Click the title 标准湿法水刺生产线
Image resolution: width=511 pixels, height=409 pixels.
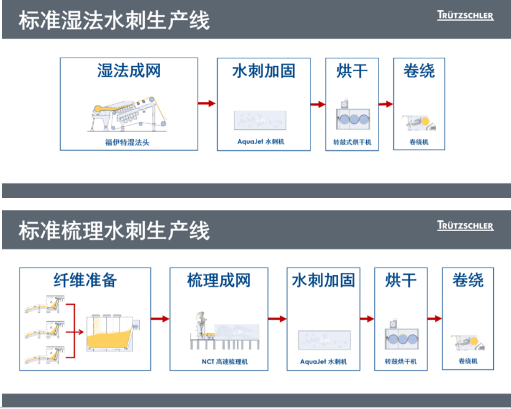pyautogui.click(x=114, y=20)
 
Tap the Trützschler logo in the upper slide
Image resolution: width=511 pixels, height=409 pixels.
pyautogui.click(x=465, y=16)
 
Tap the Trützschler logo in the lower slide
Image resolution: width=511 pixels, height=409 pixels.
pyautogui.click(x=465, y=226)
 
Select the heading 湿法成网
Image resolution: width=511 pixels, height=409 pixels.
pyautogui.click(x=129, y=71)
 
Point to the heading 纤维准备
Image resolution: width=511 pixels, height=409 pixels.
pyautogui.click(x=85, y=280)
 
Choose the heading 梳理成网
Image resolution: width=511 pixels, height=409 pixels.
pyautogui.click(x=219, y=280)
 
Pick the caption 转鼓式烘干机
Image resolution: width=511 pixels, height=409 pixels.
pyautogui.click(x=352, y=142)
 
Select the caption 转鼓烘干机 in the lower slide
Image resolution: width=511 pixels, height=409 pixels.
pyautogui.click(x=401, y=361)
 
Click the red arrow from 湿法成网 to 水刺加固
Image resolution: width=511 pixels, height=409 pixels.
pyautogui.click(x=207, y=104)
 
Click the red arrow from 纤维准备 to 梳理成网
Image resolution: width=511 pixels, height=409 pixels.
pyautogui.click(x=159, y=319)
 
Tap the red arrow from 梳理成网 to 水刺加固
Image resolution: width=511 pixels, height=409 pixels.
pyautogui.click(x=277, y=319)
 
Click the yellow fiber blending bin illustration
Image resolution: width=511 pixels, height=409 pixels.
pyautogui.click(x=111, y=334)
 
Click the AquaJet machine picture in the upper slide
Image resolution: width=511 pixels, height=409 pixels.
pyautogui.click(x=260, y=120)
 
